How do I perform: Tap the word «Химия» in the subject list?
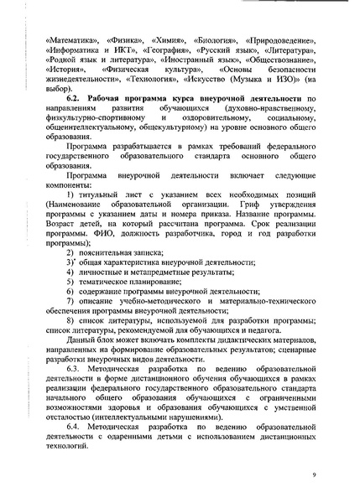[166, 39]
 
